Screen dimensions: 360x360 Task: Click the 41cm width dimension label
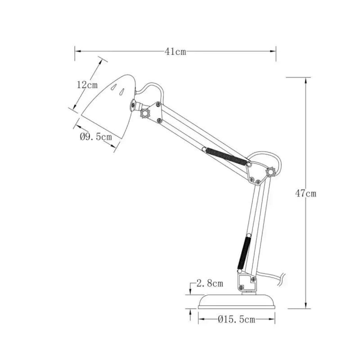pos(175,52)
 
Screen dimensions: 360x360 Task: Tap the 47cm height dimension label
pos(306,193)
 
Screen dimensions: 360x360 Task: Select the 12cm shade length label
pos(87,85)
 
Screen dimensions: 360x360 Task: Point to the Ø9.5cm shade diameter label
pos(96,137)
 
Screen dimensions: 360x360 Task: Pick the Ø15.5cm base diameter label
pos(236,320)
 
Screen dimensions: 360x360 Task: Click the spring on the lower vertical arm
pos(243,252)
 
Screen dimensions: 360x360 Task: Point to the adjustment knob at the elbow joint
pos(270,171)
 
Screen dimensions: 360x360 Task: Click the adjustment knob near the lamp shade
pos(145,113)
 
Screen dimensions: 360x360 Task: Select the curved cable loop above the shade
pos(151,87)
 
